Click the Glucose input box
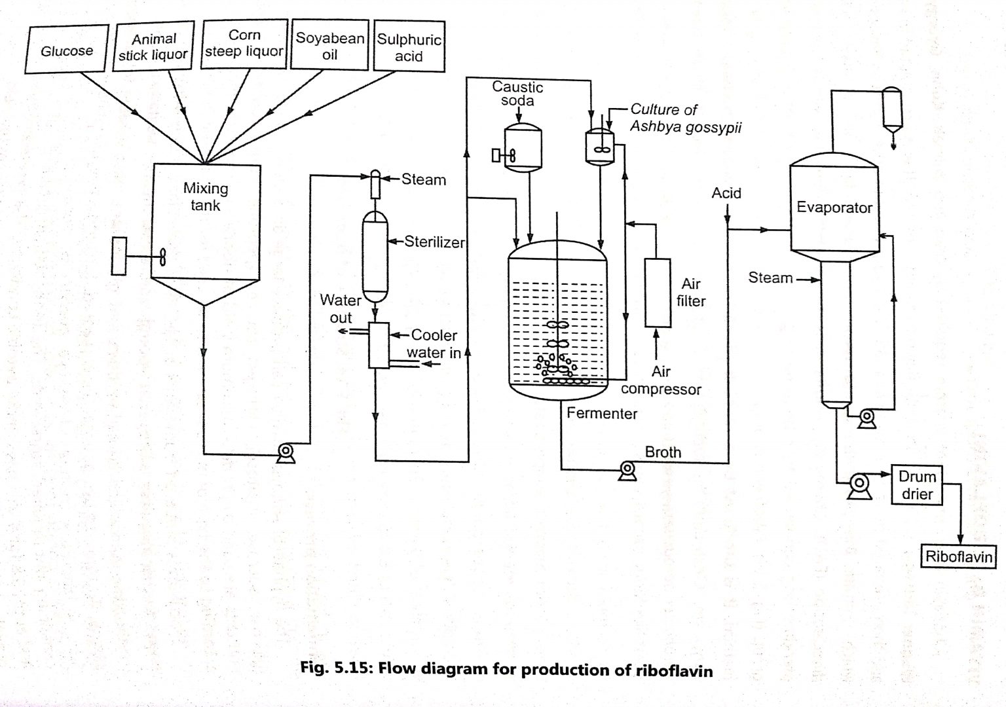click(x=67, y=50)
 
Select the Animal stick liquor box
click(x=153, y=47)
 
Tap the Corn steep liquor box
click(x=244, y=44)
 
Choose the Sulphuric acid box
click(x=409, y=48)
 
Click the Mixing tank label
click(x=206, y=196)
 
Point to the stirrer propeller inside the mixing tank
click(x=162, y=257)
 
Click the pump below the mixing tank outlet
click(x=286, y=452)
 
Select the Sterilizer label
click(x=434, y=242)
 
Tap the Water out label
click(x=341, y=308)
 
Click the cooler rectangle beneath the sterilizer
click(x=379, y=345)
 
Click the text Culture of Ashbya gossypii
click(x=685, y=118)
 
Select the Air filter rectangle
click(x=658, y=293)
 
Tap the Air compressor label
click(x=661, y=380)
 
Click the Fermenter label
click(x=602, y=413)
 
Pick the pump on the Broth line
click(x=627, y=470)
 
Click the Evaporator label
click(x=834, y=208)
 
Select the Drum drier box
click(x=917, y=485)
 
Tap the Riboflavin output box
click(x=959, y=557)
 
